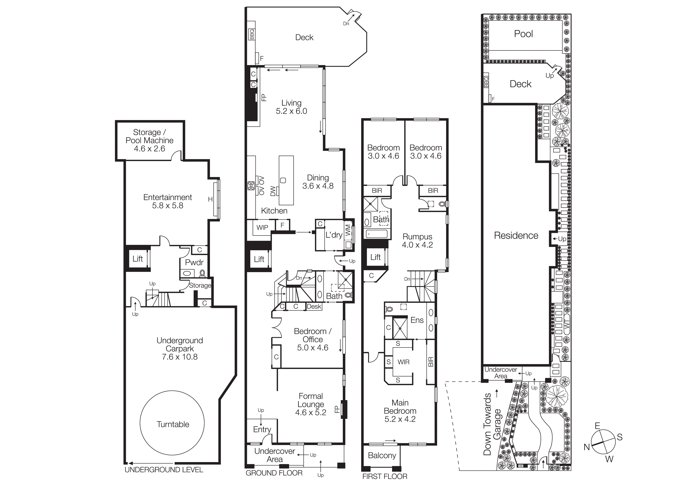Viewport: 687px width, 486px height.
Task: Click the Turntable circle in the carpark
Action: click(172, 423)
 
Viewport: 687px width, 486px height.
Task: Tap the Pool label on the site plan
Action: click(523, 34)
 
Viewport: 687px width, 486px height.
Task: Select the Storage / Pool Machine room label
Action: click(149, 140)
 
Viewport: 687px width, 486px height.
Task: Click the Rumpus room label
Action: click(417, 237)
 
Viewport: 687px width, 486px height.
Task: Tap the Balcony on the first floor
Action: click(382, 455)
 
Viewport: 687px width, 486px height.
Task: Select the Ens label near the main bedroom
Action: click(417, 320)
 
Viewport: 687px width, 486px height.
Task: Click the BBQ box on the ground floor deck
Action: click(252, 34)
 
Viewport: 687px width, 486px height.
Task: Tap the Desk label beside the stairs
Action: click(314, 306)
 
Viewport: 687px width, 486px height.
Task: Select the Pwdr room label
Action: click(194, 262)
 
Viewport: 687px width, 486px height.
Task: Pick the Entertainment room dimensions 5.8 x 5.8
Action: click(168, 205)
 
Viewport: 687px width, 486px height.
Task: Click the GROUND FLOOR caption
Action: click(274, 473)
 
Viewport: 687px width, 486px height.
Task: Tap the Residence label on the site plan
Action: click(516, 235)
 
